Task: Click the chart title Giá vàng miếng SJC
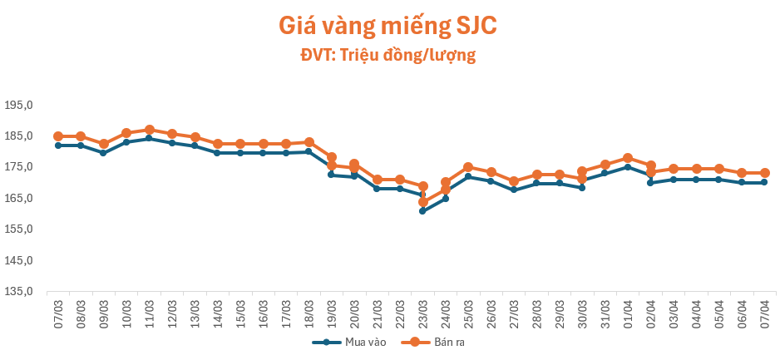point(388,26)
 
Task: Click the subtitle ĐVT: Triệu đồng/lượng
point(388,56)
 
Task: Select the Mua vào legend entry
point(339,342)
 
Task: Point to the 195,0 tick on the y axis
point(17,106)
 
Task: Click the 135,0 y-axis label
point(17,292)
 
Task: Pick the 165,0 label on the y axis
point(17,199)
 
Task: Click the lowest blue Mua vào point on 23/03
point(422,211)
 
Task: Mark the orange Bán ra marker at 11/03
point(149,130)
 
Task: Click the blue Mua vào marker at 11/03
point(149,138)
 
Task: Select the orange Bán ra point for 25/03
point(468,167)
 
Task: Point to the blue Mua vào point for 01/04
point(628,167)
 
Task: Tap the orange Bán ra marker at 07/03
point(58,136)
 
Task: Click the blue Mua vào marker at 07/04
point(764,182)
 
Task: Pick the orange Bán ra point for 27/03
point(514,181)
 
